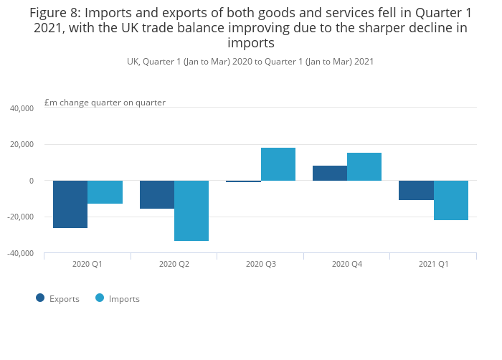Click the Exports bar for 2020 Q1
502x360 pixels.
pyautogui.click(x=70, y=204)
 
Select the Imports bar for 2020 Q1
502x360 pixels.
pyautogui.click(x=105, y=192)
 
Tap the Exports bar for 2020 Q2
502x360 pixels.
pyautogui.click(x=157, y=194)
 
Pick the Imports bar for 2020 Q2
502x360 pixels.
pyautogui.click(x=191, y=211)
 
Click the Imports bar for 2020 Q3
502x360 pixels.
pyautogui.click(x=278, y=164)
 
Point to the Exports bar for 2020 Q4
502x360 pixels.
pyautogui.click(x=330, y=174)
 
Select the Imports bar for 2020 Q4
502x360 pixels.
pyautogui.click(x=364, y=166)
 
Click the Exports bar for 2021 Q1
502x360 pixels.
pyautogui.click(x=416, y=190)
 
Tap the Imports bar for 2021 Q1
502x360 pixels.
pyautogui.click(x=451, y=200)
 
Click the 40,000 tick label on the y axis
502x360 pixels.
pyautogui.click(x=22, y=108)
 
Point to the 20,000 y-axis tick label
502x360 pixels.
pyautogui.click(x=22, y=145)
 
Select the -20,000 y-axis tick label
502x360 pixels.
pyautogui.click(x=20, y=217)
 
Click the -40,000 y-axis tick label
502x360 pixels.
pyautogui.click(x=20, y=253)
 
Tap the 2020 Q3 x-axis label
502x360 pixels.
pyautogui.click(x=260, y=264)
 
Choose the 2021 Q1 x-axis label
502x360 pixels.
pyautogui.click(x=433, y=264)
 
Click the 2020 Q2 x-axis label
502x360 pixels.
pyautogui.click(x=174, y=264)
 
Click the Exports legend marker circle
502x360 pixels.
pyautogui.click(x=40, y=298)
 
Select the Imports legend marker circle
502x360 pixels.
pyautogui.click(x=100, y=298)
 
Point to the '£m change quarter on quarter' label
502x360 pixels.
pyautogui.click(x=105, y=103)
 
